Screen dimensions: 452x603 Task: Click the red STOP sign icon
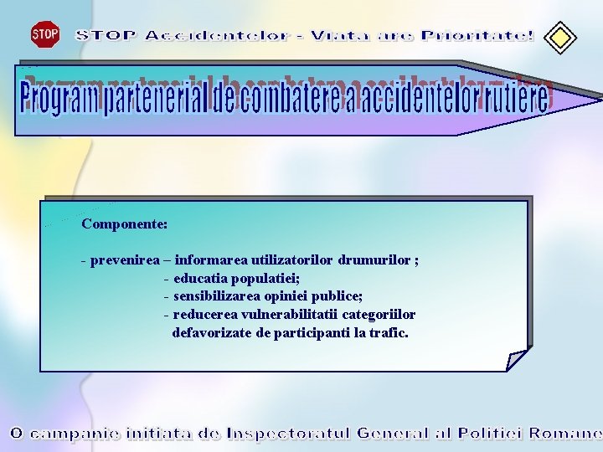tap(44, 34)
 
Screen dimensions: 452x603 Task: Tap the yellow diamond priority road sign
tap(560, 37)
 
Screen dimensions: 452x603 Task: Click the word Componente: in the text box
tap(124, 224)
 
